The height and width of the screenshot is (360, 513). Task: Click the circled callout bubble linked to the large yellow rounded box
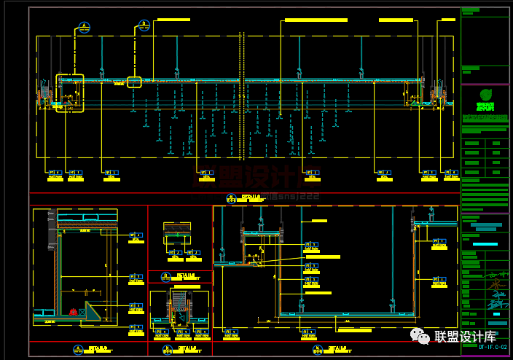point(85,28)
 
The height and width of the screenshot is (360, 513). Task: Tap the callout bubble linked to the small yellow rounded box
point(144,26)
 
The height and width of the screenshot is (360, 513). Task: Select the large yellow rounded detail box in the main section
point(70,93)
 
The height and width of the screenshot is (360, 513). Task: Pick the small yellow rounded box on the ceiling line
point(134,82)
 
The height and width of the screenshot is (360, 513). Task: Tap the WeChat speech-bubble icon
point(420,335)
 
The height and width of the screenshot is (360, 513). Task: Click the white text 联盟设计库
point(465,337)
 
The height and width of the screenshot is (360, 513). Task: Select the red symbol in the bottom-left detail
point(74,312)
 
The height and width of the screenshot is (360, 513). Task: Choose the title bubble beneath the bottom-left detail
point(78,350)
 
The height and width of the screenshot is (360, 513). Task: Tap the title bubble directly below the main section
point(231,198)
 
